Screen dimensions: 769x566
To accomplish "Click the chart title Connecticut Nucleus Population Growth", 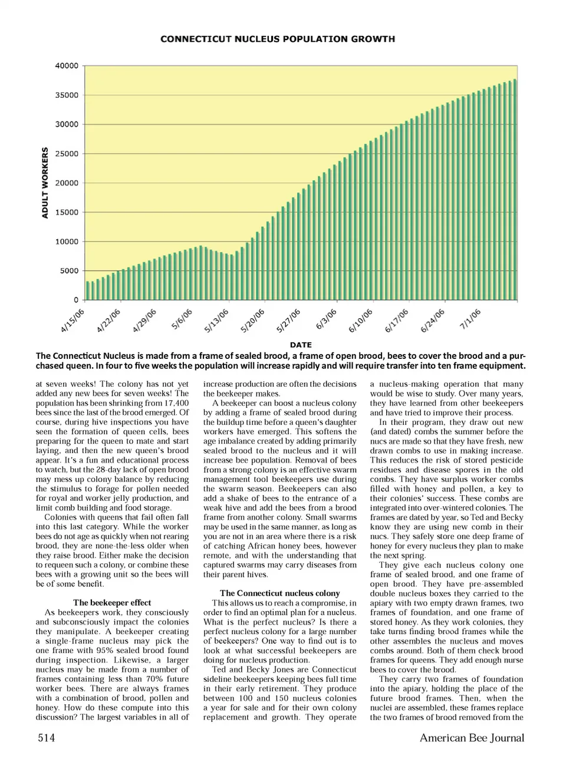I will [x=278, y=39].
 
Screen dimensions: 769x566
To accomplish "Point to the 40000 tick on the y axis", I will [x=67, y=66].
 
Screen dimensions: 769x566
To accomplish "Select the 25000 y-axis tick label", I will [x=67, y=154].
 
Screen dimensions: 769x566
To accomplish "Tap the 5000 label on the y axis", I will [x=69, y=271].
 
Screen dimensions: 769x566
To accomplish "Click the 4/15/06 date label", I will [x=73, y=321].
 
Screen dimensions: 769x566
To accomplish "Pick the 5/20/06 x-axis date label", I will [x=253, y=321].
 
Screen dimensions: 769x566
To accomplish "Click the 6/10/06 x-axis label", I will [x=361, y=321].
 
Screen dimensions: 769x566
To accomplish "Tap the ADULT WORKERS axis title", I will [x=45, y=183].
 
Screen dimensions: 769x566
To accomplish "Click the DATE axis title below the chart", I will [x=301, y=345].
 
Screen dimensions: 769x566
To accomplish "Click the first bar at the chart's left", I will [x=87, y=291].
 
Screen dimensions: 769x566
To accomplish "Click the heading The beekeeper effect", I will [x=112, y=603].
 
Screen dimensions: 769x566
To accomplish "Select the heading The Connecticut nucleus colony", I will [x=280, y=593].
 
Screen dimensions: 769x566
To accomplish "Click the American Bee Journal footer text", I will [x=472, y=738].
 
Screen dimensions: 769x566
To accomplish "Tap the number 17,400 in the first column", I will [x=174, y=403].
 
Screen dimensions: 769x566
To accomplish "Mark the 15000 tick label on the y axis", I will [x=67, y=212].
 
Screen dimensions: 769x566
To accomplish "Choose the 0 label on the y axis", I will [x=76, y=300].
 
